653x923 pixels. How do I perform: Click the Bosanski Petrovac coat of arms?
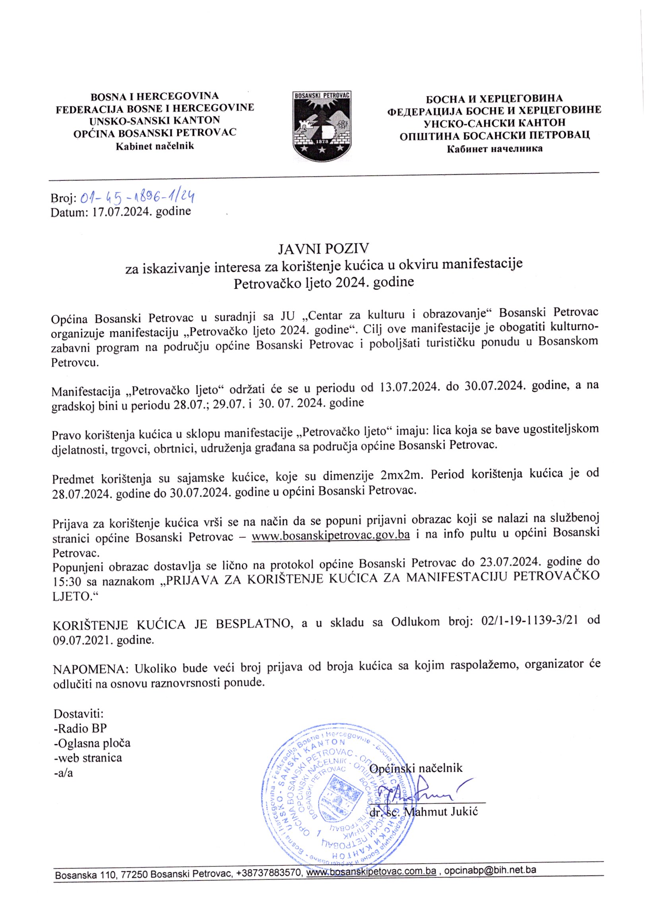[x=322, y=126]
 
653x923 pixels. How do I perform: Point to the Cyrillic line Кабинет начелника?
[x=494, y=149]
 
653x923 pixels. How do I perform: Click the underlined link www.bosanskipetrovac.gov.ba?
[x=331, y=536]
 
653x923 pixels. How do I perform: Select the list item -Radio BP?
[x=80, y=728]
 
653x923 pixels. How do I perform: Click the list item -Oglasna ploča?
[x=92, y=743]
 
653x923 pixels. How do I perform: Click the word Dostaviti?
[x=79, y=714]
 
